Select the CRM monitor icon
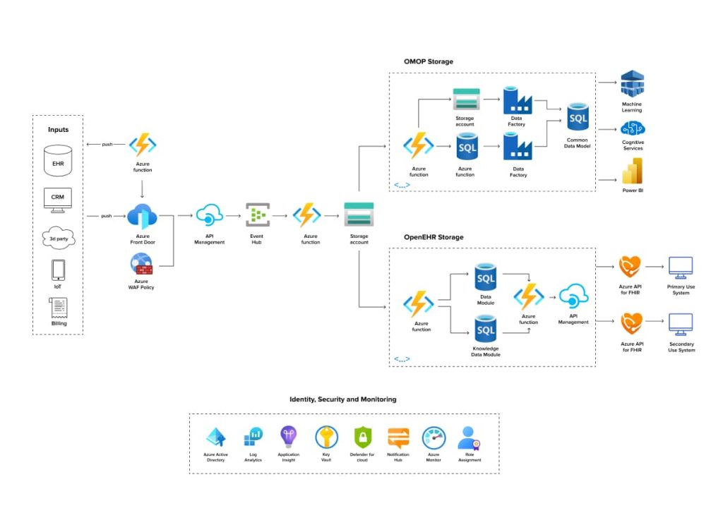click(x=58, y=198)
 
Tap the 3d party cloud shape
click(x=58, y=238)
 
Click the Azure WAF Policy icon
click(x=142, y=265)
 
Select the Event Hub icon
click(x=257, y=215)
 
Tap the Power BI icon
click(x=631, y=171)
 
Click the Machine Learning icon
click(x=631, y=85)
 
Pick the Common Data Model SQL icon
click(x=578, y=116)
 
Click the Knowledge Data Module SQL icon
click(x=485, y=330)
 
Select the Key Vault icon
click(x=326, y=438)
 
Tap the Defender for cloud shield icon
click(x=363, y=438)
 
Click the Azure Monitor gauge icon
click(x=434, y=438)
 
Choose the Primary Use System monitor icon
click(x=681, y=267)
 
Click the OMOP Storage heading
click(x=428, y=62)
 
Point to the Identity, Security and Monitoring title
click(x=343, y=399)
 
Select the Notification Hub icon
click(x=398, y=438)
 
